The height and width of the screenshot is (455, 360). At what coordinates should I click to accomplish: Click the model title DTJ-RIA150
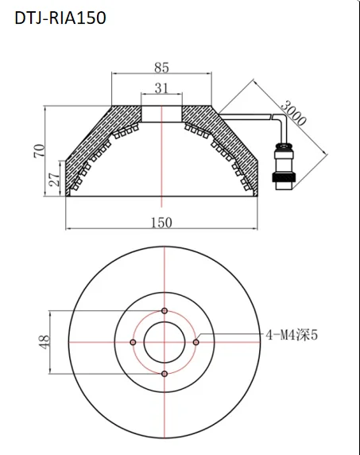60,17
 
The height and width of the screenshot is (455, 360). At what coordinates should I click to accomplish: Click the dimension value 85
162,68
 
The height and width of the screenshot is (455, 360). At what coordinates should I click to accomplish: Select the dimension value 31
162,88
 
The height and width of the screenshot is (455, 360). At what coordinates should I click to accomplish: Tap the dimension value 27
55,180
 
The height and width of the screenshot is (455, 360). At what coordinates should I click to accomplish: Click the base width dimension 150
162,223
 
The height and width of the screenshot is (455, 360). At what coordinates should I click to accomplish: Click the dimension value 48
45,341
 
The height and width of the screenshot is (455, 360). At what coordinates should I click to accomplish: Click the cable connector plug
282,165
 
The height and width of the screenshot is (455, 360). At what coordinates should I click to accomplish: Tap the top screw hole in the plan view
164,310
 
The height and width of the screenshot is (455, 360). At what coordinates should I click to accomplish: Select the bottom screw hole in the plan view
164,374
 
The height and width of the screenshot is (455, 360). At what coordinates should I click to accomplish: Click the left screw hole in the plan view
132,342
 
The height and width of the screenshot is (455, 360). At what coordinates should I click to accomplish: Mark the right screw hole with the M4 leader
195,342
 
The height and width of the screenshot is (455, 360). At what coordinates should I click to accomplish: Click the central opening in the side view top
162,112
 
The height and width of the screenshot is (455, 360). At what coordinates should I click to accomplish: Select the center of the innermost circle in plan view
164,342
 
